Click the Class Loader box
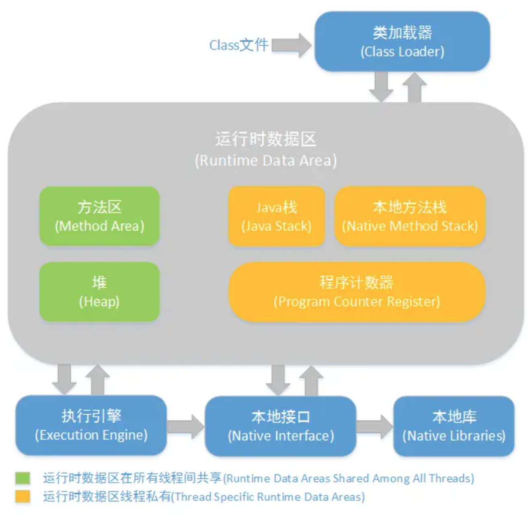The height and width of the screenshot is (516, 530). pos(402,41)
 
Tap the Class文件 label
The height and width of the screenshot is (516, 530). pos(239,45)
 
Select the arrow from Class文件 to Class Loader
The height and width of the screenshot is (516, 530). pos(291,45)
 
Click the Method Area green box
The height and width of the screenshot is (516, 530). pos(99,216)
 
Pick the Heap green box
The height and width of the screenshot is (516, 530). pos(99,292)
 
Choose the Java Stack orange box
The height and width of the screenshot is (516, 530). pos(276,216)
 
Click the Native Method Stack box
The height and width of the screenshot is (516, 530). pos(410,216)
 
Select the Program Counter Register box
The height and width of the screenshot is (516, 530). pos(357,292)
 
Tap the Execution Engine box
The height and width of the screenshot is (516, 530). pos(91,425)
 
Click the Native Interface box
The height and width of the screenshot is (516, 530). pos(281,426)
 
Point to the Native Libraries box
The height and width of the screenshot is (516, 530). pos(454,426)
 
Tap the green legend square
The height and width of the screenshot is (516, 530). pos(23,478)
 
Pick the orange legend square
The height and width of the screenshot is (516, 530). pos(23,496)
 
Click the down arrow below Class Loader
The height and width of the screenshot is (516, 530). pos(381,87)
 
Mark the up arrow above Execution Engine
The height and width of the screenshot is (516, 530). pos(97,379)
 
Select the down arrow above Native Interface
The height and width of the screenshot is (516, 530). pos(278,379)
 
